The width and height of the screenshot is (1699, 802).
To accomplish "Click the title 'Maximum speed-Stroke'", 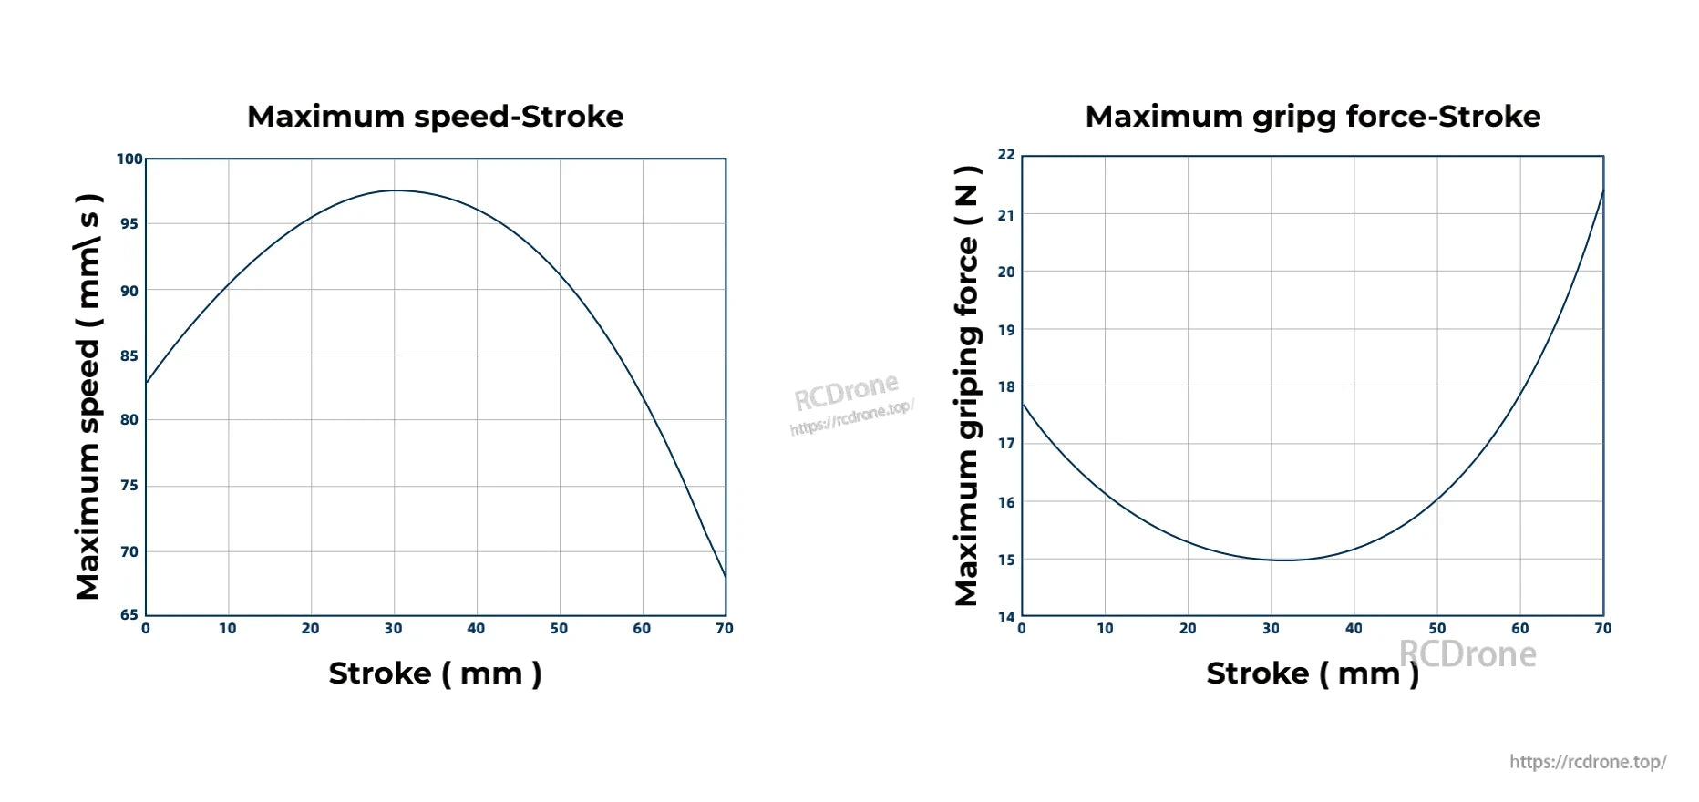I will pyautogui.click(x=435, y=117).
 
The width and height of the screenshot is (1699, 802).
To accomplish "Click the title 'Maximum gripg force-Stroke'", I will pyautogui.click(x=1313, y=117).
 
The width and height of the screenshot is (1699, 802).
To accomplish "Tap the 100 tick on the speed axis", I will pyautogui.click(x=129, y=159).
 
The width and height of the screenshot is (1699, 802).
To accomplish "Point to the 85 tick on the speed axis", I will pyautogui.click(x=129, y=355).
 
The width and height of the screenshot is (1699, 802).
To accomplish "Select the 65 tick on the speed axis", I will pyautogui.click(x=129, y=615).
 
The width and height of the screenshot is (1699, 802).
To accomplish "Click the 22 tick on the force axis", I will pyautogui.click(x=1005, y=155).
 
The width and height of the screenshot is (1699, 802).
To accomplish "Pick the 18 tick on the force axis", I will pyautogui.click(x=1005, y=386).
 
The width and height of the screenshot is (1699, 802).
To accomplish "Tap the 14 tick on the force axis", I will pyautogui.click(x=1005, y=617).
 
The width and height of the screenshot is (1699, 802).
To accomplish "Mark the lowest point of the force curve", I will pyautogui.click(x=1283, y=560).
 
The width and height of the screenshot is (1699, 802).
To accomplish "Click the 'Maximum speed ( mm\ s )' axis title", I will pyautogui.click(x=88, y=396).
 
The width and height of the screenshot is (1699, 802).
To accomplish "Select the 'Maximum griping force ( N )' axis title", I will pyautogui.click(x=966, y=386).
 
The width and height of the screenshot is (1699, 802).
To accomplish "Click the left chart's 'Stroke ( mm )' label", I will pyautogui.click(x=435, y=673).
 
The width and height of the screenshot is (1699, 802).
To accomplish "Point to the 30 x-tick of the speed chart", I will pyautogui.click(x=393, y=629).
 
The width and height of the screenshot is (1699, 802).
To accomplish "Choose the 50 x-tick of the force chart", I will pyautogui.click(x=1436, y=629).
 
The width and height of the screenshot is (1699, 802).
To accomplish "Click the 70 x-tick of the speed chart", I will pyautogui.click(x=725, y=629).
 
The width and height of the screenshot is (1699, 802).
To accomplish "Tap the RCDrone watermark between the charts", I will pyautogui.click(x=848, y=394).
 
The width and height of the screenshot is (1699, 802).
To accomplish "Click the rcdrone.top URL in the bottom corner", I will pyautogui.click(x=1587, y=762).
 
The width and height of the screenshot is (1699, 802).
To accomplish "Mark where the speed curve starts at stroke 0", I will pyautogui.click(x=147, y=383).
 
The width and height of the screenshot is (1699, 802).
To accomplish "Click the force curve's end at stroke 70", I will pyautogui.click(x=1602, y=190).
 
